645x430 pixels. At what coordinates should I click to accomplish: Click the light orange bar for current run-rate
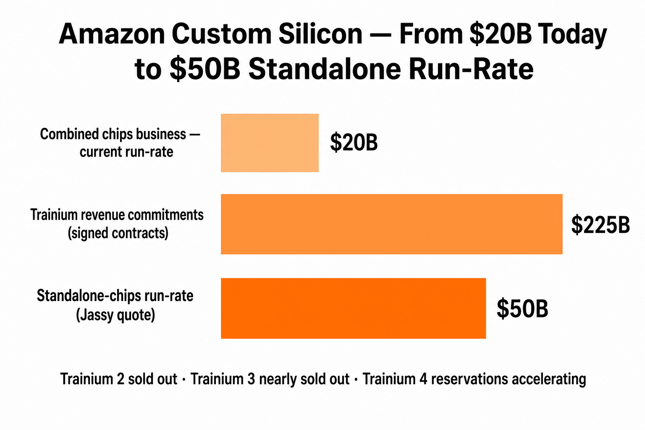tap(270, 143)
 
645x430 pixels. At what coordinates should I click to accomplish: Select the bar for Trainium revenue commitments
tap(391, 224)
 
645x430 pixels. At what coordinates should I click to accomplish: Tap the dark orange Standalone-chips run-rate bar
tap(353, 308)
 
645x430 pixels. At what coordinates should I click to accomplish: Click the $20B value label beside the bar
tap(354, 142)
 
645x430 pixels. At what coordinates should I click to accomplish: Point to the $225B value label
tap(600, 225)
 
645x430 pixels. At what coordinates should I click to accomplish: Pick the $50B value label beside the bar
tap(522, 309)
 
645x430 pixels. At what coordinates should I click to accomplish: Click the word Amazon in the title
tap(111, 34)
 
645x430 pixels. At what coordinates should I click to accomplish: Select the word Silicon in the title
tap(320, 34)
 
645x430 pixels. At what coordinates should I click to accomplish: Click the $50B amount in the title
tap(205, 69)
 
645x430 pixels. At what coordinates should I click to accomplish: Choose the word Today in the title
tap(573, 35)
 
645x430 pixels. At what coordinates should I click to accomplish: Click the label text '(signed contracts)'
tap(118, 233)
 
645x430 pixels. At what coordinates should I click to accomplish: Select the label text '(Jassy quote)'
tap(115, 315)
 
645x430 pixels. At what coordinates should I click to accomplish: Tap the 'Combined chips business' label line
tap(113, 134)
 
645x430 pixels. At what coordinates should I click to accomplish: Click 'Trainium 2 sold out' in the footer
tap(119, 379)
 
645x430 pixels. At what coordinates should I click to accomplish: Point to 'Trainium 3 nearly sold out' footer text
tap(270, 379)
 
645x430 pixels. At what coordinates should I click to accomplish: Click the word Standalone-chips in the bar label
tap(89, 296)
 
